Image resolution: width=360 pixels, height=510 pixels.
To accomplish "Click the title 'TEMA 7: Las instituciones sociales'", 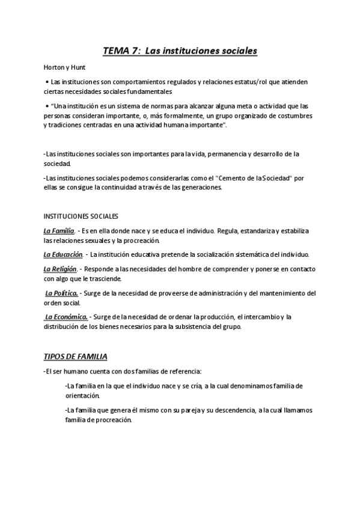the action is coord(180,51).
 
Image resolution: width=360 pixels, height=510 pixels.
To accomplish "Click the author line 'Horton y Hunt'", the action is coord(60,67).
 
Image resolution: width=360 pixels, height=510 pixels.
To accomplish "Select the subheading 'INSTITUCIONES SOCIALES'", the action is coord(81,216).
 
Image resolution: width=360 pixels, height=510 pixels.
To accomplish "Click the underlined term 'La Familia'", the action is coord(59,230).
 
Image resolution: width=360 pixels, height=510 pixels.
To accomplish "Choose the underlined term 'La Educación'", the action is coord(63,254).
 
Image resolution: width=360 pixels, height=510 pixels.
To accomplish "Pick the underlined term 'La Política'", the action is coord(61,293).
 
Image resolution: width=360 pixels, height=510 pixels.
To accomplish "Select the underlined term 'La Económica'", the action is coord(66,317).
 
